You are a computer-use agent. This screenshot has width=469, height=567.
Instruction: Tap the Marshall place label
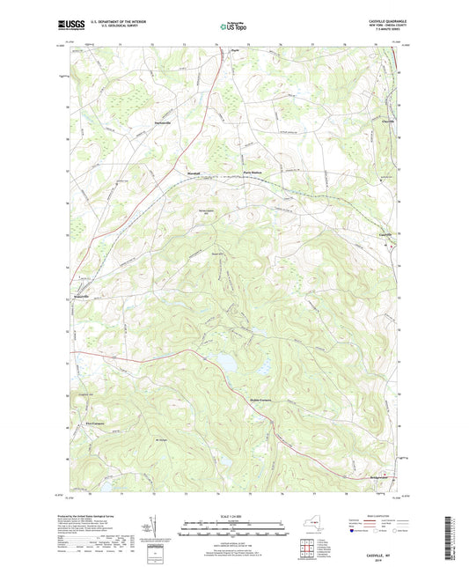coord(194,173)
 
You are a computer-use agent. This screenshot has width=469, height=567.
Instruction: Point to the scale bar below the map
coord(234,532)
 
